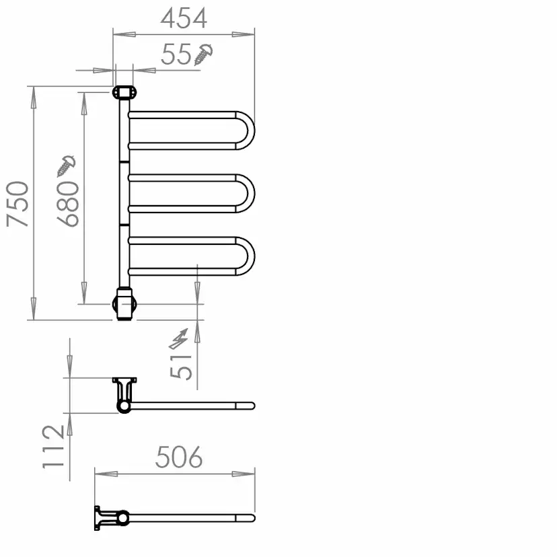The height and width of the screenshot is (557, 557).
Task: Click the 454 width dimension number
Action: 184,18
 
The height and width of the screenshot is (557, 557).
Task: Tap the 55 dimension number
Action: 176,54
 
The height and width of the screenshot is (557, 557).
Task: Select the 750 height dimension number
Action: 17,204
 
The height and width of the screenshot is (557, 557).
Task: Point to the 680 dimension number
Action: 68,204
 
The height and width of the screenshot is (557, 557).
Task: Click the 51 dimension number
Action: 181,367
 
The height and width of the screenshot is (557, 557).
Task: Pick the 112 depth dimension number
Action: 53,447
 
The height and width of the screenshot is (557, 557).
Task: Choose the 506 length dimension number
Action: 179,457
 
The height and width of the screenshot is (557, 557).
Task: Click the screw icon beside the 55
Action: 204,54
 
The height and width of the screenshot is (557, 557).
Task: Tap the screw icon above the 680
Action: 66,166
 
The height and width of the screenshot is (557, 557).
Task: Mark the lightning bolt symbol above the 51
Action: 178,339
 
